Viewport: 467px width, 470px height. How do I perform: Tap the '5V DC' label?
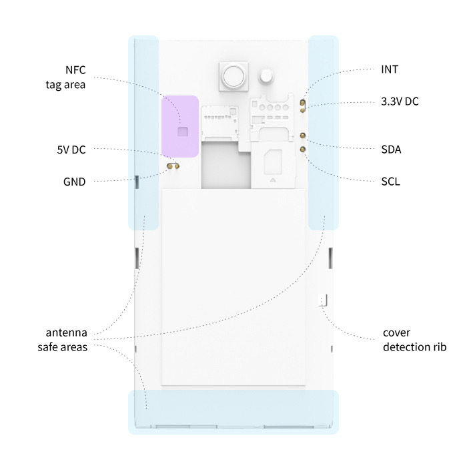(x=71, y=150)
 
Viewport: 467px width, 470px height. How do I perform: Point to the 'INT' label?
(x=390, y=69)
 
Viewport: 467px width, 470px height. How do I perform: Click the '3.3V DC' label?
(x=400, y=102)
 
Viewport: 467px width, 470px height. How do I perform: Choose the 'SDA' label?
(x=390, y=149)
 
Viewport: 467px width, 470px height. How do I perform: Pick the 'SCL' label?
(x=390, y=181)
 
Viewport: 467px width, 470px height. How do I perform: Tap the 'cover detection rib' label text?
(x=414, y=340)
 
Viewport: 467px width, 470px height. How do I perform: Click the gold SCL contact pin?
(x=303, y=150)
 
